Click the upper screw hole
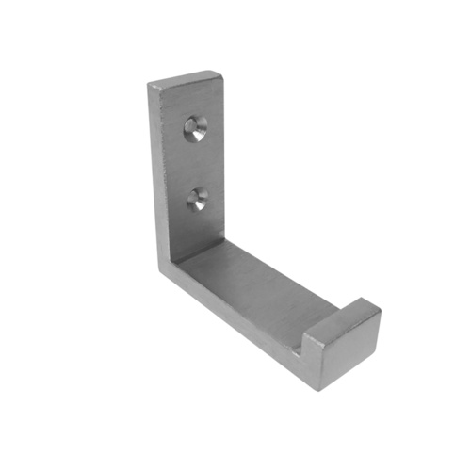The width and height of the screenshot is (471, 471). pyautogui.click(x=196, y=129)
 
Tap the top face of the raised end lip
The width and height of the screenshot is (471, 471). pyautogui.click(x=343, y=311)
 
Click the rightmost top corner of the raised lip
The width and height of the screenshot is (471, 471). pyautogui.click(x=381, y=311)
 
